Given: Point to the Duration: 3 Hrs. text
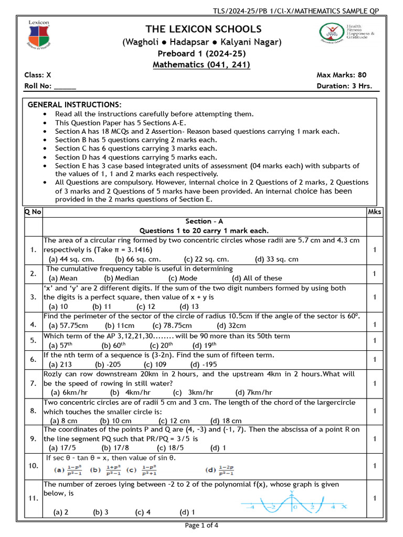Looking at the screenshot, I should pos(345,87).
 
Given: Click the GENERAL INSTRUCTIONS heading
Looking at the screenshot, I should pos(75,105).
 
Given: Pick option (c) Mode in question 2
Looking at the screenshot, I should pos(183,278).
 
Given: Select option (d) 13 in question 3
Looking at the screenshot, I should pos(189,307).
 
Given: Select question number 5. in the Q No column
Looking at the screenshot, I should pos(33,340).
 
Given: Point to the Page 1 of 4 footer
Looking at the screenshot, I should pos(202,525).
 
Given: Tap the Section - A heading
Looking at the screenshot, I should pos(204,221).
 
